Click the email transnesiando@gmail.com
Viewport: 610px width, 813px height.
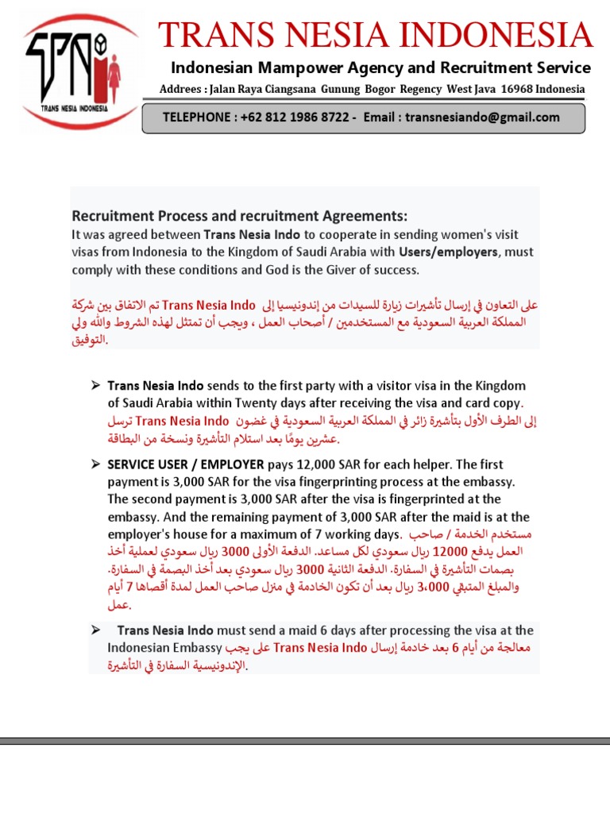(x=482, y=118)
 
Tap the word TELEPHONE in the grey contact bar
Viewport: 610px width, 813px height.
(x=195, y=118)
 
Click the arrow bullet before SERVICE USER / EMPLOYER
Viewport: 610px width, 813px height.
(x=95, y=464)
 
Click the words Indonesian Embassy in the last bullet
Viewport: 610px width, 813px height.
(x=166, y=648)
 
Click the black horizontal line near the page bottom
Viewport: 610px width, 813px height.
(x=305, y=741)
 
